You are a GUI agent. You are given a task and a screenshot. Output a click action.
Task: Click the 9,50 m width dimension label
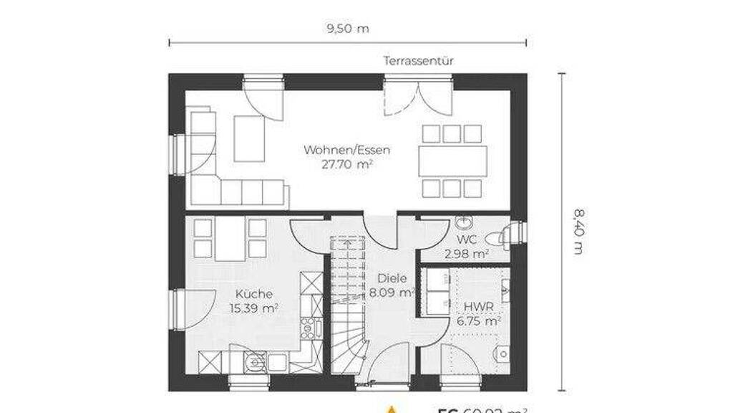(347, 29)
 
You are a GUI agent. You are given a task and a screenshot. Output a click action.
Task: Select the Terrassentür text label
(419, 61)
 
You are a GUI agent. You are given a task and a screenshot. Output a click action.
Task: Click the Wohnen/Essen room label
(346, 150)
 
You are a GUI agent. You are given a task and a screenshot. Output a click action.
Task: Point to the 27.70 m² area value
(346, 164)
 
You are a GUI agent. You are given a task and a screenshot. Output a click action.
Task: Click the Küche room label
(253, 294)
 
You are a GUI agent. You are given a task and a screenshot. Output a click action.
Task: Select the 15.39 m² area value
(253, 308)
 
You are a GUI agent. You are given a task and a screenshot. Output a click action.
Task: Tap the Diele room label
(393, 278)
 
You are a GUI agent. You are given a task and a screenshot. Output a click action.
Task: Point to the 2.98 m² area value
(466, 253)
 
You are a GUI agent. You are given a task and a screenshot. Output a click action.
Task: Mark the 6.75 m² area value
(478, 321)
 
